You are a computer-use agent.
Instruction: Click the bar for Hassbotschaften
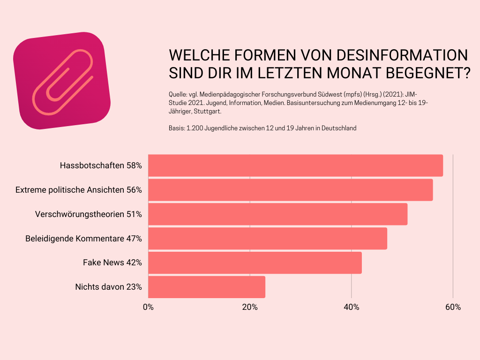pyautogui.click(x=295, y=165)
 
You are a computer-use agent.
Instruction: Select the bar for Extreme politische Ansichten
pyautogui.click(x=290, y=190)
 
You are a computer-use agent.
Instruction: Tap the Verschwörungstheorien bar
pyautogui.click(x=277, y=214)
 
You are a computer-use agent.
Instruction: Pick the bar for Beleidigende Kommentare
pyautogui.click(x=267, y=239)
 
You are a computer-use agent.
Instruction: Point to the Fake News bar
pyautogui.click(x=255, y=263)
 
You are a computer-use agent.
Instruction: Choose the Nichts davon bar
pyautogui.click(x=206, y=287)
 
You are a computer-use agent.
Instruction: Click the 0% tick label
pyautogui.click(x=148, y=307)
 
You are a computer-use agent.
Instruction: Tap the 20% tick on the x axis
pyautogui.click(x=250, y=307)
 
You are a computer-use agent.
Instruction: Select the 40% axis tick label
pyautogui.click(x=352, y=307)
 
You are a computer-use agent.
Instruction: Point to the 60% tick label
pyautogui.click(x=453, y=307)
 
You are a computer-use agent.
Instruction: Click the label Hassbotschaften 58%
pyautogui.click(x=101, y=165)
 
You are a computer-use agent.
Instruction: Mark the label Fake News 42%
pyautogui.click(x=112, y=262)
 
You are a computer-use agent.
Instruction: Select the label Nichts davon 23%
pyautogui.click(x=108, y=287)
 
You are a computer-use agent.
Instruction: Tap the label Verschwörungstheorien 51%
pyautogui.click(x=88, y=214)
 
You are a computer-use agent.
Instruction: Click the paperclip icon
pyautogui.click(x=62, y=81)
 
